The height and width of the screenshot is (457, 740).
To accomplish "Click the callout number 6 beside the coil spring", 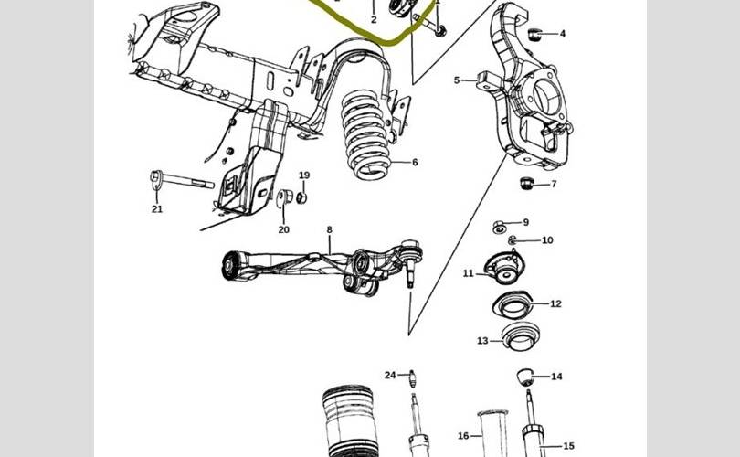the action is click(415, 163).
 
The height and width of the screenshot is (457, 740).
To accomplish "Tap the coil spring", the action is click(366, 135).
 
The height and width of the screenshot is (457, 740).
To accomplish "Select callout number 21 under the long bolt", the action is click(157, 208).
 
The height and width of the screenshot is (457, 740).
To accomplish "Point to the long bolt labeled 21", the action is click(182, 180).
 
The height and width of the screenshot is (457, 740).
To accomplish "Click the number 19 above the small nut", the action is click(304, 175).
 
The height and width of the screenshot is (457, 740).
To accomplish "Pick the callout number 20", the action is click(283, 230).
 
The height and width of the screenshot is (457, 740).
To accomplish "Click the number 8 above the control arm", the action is click(330, 230).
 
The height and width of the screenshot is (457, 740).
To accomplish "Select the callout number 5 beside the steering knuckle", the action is click(457, 80).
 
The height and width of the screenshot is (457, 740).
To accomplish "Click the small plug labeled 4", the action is click(534, 35).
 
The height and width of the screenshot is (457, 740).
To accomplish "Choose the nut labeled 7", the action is click(526, 183).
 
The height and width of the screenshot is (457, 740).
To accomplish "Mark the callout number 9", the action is click(525, 222).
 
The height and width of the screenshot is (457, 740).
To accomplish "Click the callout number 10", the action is click(547, 240).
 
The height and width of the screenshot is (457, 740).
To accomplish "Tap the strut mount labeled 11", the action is click(503, 268).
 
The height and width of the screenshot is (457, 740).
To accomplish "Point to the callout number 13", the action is click(482, 341).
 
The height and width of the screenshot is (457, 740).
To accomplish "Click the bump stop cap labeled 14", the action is click(525, 377).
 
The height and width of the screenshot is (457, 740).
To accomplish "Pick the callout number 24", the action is click(390, 376).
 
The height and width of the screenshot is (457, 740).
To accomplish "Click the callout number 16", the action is click(463, 436).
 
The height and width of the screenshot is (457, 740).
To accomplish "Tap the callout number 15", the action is click(568, 446).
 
